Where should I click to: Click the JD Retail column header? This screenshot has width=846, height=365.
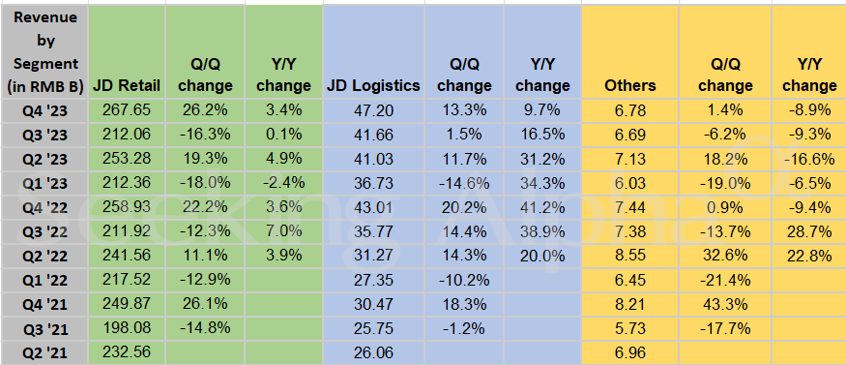tap(127, 85)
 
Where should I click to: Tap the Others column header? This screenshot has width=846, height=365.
tap(629, 85)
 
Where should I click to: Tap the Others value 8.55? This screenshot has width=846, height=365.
tap(629, 256)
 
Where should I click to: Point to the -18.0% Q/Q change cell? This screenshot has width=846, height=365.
tap(206, 183)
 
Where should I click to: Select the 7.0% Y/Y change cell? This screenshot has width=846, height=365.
tap(283, 231)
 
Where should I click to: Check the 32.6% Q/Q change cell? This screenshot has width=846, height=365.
tap(726, 256)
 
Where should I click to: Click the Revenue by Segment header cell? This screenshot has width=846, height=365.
tap(44, 48)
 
